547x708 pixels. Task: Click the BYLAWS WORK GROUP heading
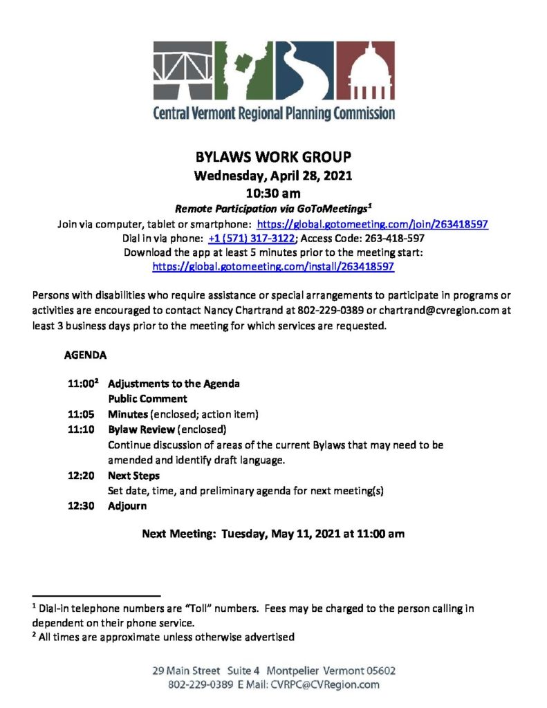click(x=274, y=158)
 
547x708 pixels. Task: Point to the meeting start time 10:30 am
click(x=274, y=192)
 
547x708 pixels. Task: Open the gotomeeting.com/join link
click(x=373, y=224)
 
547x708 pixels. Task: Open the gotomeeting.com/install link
click(x=273, y=266)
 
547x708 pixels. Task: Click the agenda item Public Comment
click(x=147, y=399)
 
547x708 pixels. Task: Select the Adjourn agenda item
click(x=127, y=505)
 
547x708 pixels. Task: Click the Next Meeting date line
click(x=273, y=534)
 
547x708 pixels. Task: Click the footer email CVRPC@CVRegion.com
click(x=325, y=684)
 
